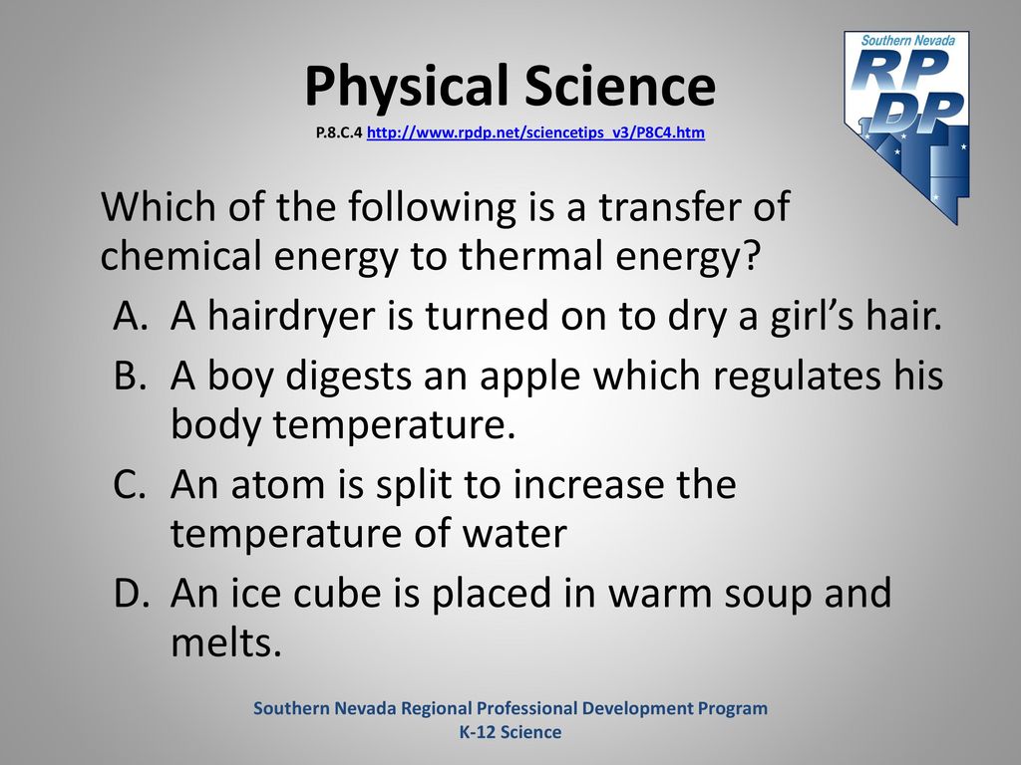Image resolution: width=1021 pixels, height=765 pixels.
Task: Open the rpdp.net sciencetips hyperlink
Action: tap(535, 132)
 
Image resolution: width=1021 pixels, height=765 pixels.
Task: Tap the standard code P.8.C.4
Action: tap(339, 132)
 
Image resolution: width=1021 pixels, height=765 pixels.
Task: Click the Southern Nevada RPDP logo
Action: tap(907, 127)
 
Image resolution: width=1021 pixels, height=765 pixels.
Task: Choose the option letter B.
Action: tap(129, 376)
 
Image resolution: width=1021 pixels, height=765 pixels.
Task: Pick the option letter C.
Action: tap(129, 485)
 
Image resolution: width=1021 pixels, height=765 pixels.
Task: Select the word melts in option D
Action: tap(226, 641)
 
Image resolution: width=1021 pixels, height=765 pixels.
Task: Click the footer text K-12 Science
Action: tap(510, 732)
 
